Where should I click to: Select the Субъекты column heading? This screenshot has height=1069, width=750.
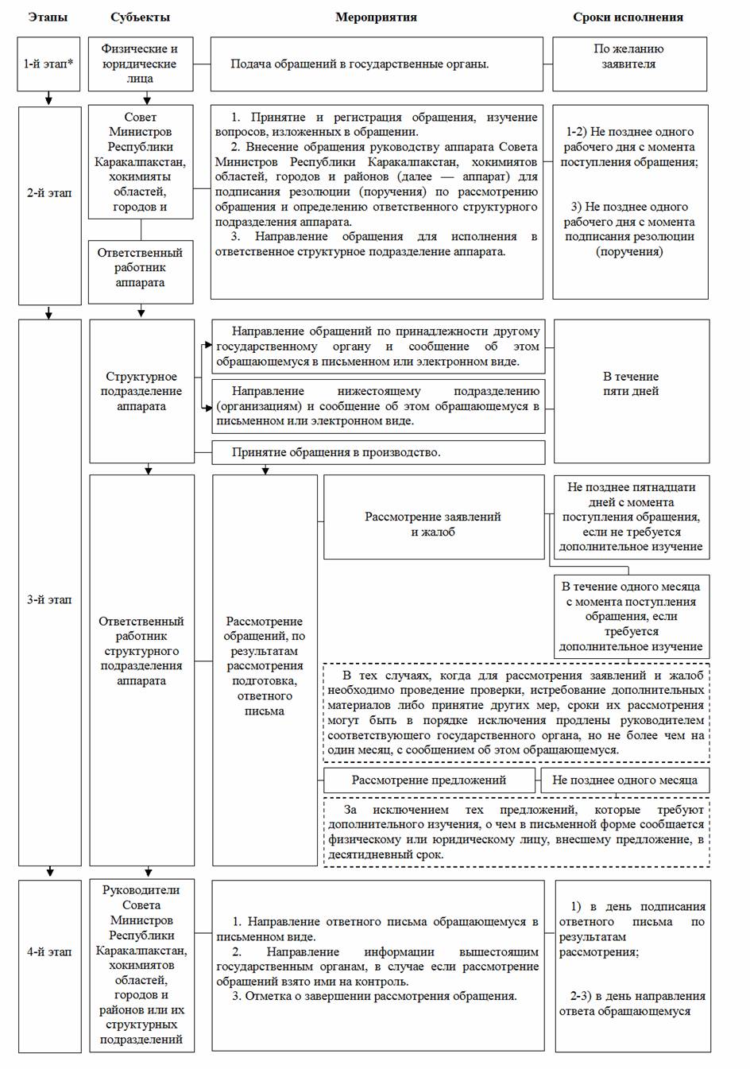(140, 17)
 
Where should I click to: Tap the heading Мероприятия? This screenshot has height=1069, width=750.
(376, 17)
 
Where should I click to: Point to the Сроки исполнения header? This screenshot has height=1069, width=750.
(628, 17)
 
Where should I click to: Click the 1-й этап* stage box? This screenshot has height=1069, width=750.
(49, 64)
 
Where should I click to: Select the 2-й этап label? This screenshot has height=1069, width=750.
(49, 192)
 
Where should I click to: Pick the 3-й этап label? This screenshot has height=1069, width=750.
(49, 599)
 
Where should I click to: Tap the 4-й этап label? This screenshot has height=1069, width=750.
(49, 951)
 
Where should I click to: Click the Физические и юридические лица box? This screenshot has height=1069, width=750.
(140, 64)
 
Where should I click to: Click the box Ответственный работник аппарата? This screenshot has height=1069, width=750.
(141, 268)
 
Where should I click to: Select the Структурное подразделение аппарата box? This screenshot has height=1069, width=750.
(141, 391)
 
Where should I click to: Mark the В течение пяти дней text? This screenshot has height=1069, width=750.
(631, 384)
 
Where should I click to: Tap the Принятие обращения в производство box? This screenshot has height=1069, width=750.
(378, 452)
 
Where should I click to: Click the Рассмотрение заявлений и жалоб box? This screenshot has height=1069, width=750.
(433, 524)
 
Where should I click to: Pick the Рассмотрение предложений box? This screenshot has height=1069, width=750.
(429, 780)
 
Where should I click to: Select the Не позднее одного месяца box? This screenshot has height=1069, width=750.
(624, 780)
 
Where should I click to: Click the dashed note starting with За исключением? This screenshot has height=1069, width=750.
(516, 832)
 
